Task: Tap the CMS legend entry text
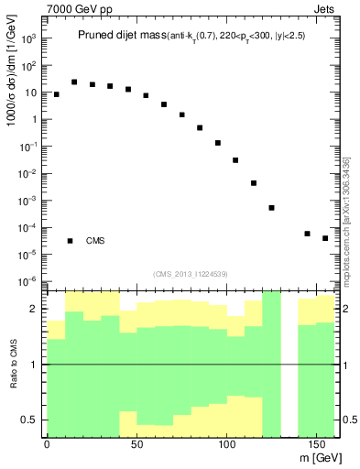pos(95,241)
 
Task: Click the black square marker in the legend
pos(71,241)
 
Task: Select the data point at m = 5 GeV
pos(56,94)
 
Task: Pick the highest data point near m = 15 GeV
pos(74,82)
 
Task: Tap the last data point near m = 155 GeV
pos(325,238)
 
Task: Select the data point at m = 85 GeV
pos(200,127)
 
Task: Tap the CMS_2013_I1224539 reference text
pos(191,273)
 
